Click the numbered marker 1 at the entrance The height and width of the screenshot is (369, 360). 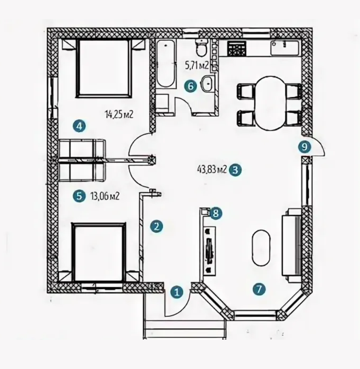point(177,292)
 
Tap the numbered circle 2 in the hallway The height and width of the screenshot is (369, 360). point(157,226)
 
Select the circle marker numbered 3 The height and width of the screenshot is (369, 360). point(235,170)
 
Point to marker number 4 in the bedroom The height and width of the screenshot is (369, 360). point(79,127)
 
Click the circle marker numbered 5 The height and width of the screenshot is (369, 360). point(79,196)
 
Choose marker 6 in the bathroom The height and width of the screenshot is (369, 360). point(191,86)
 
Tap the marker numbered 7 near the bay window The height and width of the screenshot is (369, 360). point(259,289)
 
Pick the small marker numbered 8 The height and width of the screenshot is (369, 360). point(216,213)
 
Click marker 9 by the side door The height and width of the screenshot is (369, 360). point(305,147)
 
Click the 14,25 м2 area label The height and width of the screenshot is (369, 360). point(119,114)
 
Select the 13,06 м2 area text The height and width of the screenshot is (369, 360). point(105,196)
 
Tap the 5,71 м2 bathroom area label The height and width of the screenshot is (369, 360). point(197,65)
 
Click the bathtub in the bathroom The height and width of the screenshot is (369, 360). point(166,64)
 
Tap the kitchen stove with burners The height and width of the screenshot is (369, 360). point(236,49)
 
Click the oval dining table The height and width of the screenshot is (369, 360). point(270,103)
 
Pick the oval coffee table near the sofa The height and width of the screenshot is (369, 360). point(261,247)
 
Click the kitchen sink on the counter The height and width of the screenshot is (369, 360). point(285,48)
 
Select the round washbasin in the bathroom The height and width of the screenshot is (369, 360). point(207,83)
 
